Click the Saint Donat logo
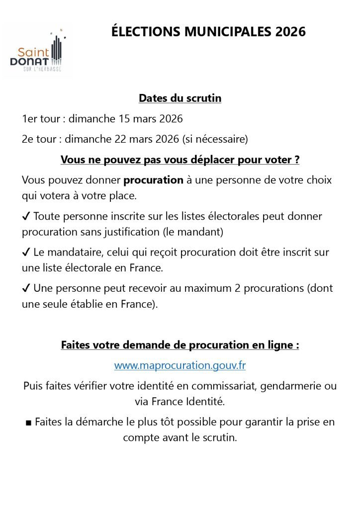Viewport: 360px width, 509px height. (38, 51)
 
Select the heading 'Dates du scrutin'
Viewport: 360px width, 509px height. (180, 98)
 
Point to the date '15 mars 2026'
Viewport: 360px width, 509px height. (151, 119)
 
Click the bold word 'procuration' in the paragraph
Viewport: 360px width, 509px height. (154, 180)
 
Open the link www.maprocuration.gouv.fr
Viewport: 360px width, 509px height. (180, 365)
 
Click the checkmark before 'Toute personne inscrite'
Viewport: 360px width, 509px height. (26, 217)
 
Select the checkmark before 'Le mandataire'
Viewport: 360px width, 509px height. (26, 253)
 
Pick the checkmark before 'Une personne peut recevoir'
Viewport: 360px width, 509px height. (26, 288)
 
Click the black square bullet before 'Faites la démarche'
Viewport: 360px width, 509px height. (28, 423)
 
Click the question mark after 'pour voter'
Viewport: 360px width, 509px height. (296, 160)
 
